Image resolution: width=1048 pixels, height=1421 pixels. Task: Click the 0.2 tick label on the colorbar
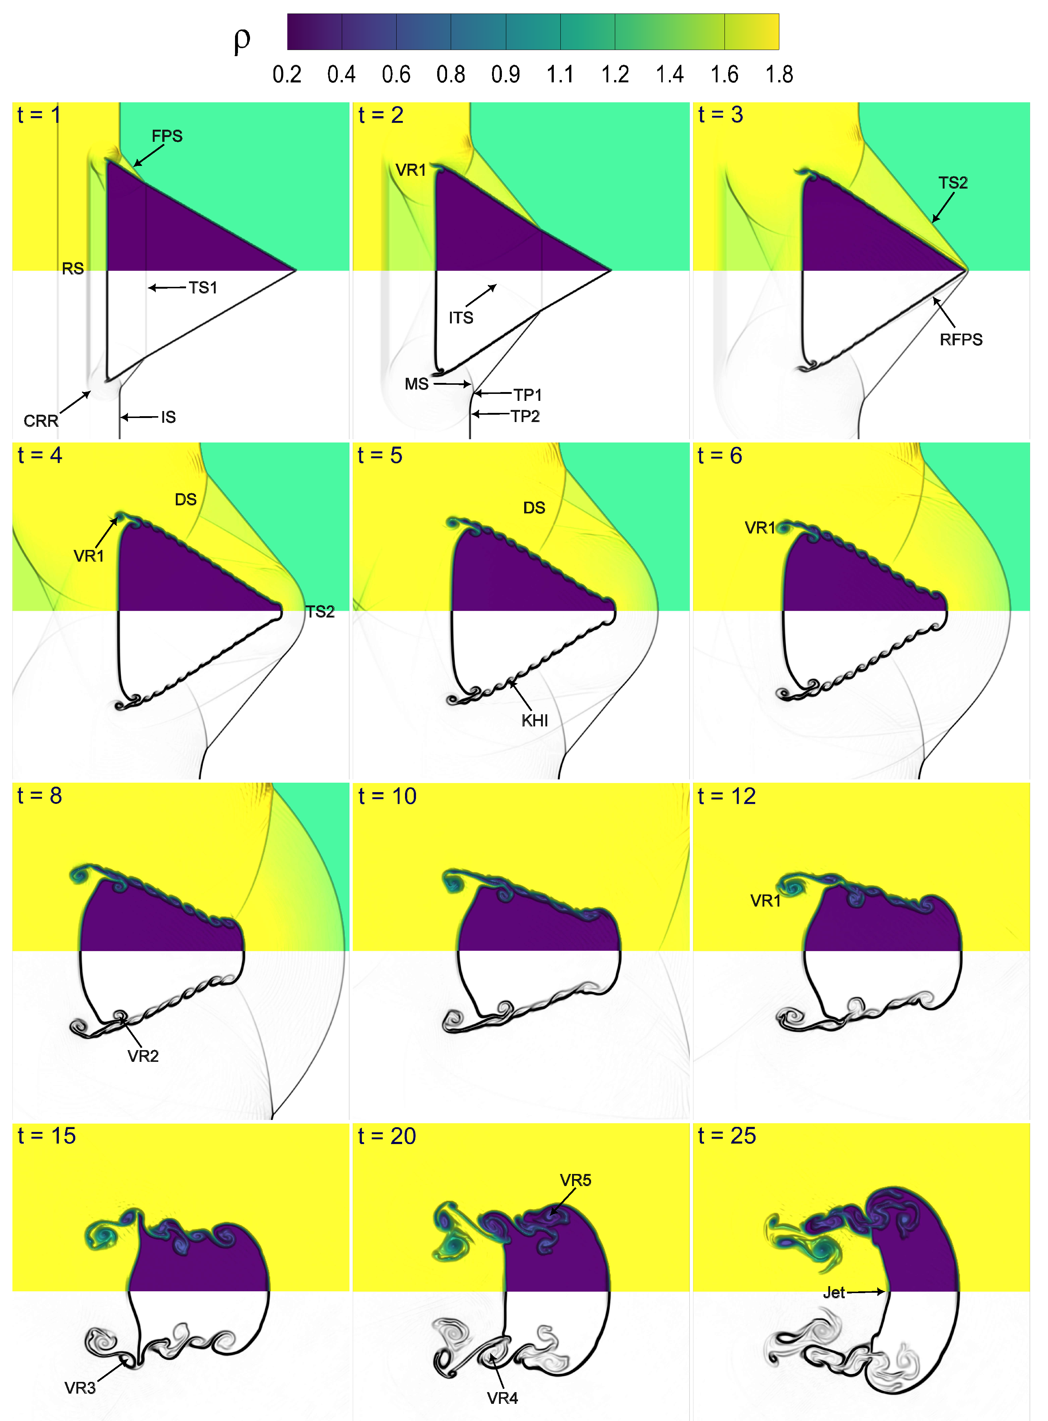click(x=287, y=75)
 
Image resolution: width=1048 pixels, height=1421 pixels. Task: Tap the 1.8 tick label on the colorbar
click(x=779, y=75)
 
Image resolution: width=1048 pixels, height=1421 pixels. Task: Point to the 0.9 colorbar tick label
click(x=506, y=75)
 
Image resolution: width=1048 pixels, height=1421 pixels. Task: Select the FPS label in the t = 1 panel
click(x=167, y=136)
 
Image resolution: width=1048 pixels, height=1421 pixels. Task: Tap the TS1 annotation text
click(x=203, y=288)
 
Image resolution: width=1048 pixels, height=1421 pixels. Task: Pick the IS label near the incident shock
click(x=168, y=417)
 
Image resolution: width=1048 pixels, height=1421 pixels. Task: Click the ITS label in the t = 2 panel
click(x=461, y=318)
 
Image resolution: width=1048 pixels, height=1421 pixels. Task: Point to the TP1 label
click(x=528, y=395)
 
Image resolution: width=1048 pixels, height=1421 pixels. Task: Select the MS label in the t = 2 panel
click(x=417, y=384)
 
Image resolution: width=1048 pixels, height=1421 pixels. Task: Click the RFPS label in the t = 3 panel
click(x=961, y=340)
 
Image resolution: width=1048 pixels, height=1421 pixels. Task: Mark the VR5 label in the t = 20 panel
click(x=575, y=1180)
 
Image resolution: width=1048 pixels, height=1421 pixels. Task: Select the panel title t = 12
click(x=727, y=797)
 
